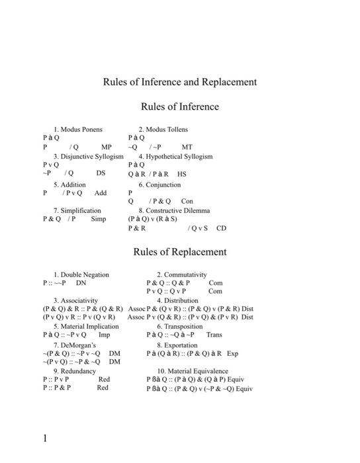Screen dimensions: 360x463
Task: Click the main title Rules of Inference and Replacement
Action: coord(179,82)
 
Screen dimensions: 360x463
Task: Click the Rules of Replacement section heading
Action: coord(179,251)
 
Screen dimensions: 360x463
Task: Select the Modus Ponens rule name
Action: coord(81,129)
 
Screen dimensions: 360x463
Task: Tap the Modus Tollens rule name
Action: coord(166,129)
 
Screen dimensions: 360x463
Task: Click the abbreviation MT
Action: coord(187,147)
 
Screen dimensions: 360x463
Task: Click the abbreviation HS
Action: coord(182,175)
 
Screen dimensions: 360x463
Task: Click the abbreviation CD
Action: coord(221,228)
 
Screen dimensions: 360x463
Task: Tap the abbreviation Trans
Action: coord(214,335)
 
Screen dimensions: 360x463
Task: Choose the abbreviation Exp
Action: coord(232,353)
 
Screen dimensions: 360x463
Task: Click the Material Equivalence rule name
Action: coord(193,371)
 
